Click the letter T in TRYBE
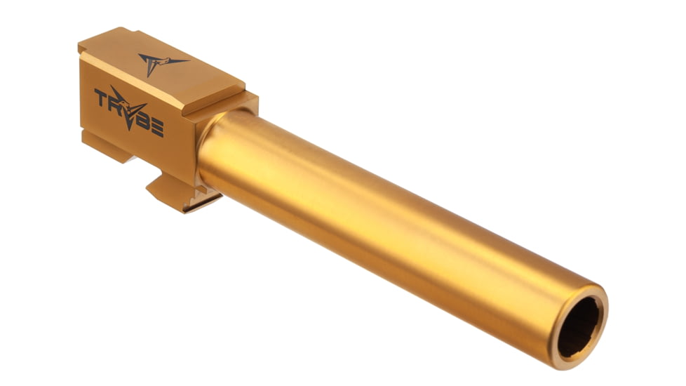coord(102,98)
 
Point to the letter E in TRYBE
coord(156,128)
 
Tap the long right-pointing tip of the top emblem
coord(184,60)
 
